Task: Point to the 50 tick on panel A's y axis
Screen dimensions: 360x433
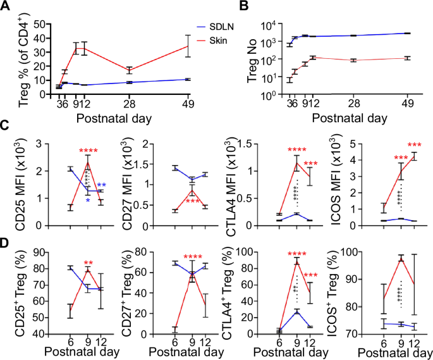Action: point(40,24)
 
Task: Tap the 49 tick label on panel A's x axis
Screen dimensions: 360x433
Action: point(187,104)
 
